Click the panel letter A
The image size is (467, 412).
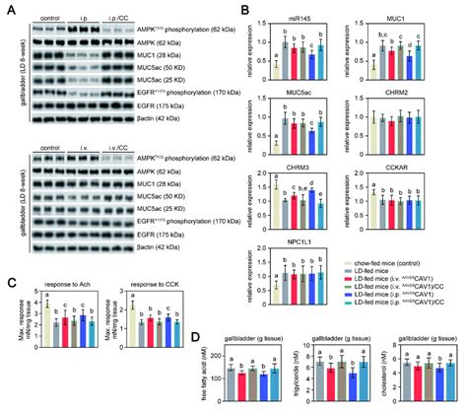[x=8, y=7]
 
